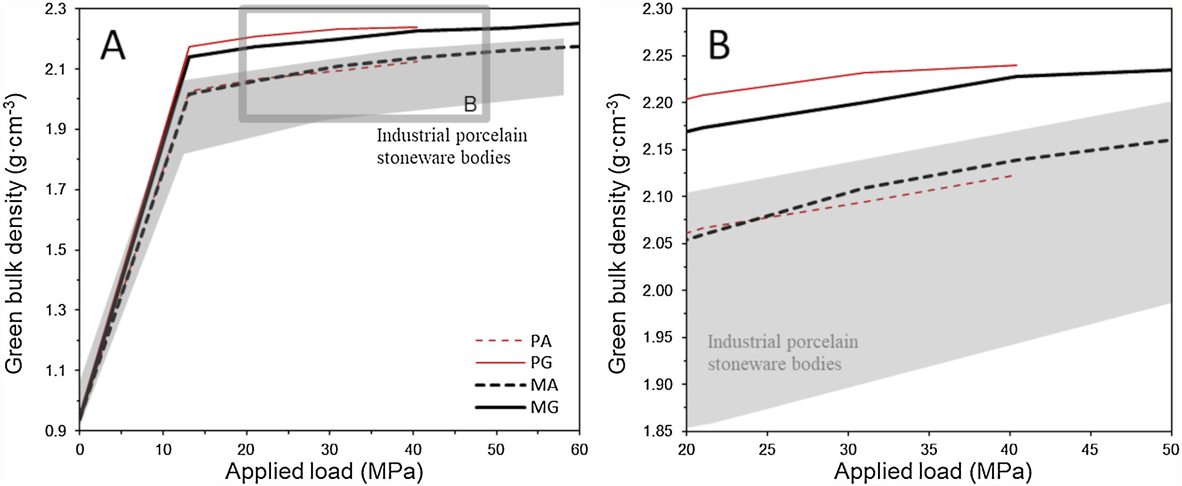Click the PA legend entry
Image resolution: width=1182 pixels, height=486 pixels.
(x=541, y=340)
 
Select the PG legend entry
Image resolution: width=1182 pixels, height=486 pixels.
(x=541, y=362)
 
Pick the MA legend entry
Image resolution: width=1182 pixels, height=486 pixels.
(x=544, y=385)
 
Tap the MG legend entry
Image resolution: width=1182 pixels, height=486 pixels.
(x=544, y=407)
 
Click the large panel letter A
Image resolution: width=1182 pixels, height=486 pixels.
(x=113, y=46)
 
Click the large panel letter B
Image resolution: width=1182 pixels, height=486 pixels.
(x=719, y=46)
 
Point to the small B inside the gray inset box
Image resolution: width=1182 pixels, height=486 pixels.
(x=470, y=104)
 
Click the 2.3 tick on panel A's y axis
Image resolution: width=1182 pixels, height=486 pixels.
(x=56, y=9)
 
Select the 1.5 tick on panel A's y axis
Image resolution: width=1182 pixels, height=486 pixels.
(x=56, y=250)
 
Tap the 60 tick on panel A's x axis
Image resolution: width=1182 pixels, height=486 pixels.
(x=579, y=450)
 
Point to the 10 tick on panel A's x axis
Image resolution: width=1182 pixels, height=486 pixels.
(x=163, y=450)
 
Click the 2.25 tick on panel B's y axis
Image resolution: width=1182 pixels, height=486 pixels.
(x=657, y=56)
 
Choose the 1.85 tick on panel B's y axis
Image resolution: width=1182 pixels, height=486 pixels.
(x=657, y=430)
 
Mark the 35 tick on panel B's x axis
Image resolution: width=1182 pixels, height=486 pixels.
(x=928, y=450)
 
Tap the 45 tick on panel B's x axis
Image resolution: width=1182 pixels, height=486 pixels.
(x=1090, y=450)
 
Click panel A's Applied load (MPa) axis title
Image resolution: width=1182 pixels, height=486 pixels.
(x=324, y=471)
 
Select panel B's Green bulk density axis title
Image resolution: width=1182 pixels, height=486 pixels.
(x=618, y=234)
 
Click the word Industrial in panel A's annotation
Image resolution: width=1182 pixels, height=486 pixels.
(x=405, y=136)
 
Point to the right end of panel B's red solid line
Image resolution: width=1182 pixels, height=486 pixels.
(x=1016, y=65)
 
